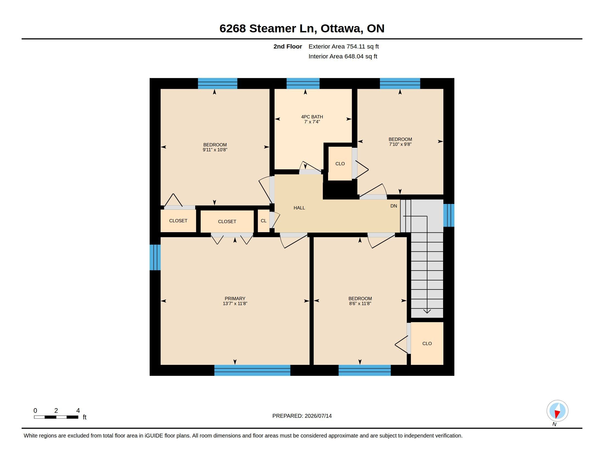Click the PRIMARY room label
(x=235, y=299)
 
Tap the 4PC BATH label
(x=312, y=117)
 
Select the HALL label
(x=299, y=208)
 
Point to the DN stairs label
(x=393, y=206)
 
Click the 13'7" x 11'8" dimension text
(x=235, y=303)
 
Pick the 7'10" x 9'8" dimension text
(x=400, y=144)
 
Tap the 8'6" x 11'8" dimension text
(x=360, y=303)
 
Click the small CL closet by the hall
(x=264, y=221)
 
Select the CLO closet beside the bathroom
(x=340, y=164)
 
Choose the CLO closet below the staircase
(x=427, y=343)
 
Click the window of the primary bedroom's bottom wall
(x=252, y=370)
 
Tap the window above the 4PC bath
(x=303, y=83)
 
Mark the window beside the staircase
(x=449, y=215)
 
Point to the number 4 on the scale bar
(x=78, y=411)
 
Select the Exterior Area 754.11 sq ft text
(x=343, y=46)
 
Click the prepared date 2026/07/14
(x=318, y=416)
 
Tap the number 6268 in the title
(x=233, y=29)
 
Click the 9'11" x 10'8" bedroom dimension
(x=215, y=150)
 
